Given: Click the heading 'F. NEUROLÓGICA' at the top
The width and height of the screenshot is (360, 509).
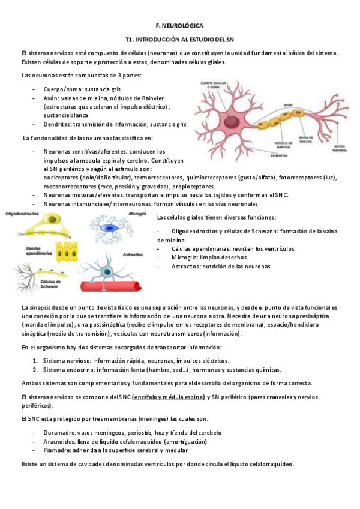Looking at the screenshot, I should (179, 26).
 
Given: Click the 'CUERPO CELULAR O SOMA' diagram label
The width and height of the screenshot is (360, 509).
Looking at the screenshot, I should (212, 85).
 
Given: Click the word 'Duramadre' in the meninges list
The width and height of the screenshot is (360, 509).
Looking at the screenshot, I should (59, 432).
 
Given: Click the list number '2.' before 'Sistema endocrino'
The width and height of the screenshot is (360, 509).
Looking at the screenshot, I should (35, 369).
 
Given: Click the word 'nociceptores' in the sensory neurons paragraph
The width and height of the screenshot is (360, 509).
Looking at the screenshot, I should (63, 178).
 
